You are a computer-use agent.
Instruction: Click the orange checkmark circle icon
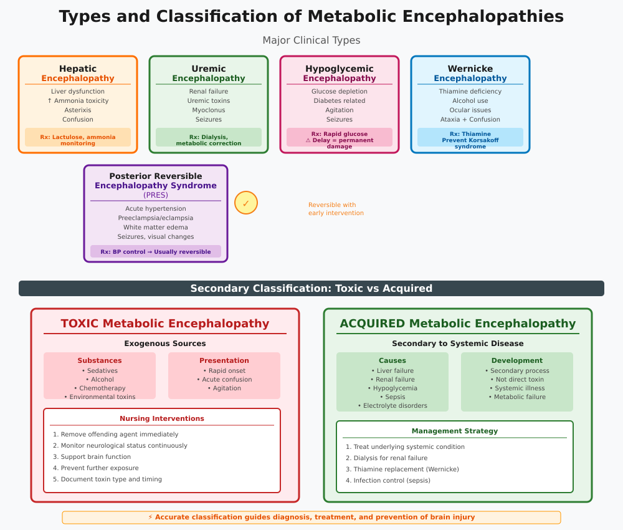[x=246, y=203]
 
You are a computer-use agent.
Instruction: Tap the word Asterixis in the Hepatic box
[x=78, y=110]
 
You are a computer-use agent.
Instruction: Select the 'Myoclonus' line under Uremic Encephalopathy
[x=209, y=110]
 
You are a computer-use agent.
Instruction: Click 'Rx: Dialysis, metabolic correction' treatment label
[x=209, y=140]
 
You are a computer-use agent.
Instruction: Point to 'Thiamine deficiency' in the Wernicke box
[x=470, y=91]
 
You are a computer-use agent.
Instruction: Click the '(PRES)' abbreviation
[x=156, y=195]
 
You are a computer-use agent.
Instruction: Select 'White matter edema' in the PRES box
[x=156, y=227]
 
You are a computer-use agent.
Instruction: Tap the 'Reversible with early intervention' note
[x=336, y=209]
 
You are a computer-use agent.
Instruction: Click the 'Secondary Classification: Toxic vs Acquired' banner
[x=311, y=288]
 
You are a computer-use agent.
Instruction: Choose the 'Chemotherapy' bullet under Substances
[x=100, y=388]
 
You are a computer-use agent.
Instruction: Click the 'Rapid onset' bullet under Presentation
[x=224, y=370]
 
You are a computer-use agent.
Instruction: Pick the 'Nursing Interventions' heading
[x=162, y=418]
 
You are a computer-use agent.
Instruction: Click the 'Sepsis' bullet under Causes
[x=392, y=397]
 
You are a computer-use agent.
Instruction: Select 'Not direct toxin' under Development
[x=517, y=379]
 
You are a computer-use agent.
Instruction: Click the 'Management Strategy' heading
[x=455, y=431]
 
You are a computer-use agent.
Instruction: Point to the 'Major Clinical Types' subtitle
[x=311, y=41]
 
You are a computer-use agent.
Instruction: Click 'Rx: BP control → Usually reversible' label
[x=156, y=252]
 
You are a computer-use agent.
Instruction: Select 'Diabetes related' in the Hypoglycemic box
[x=340, y=100]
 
